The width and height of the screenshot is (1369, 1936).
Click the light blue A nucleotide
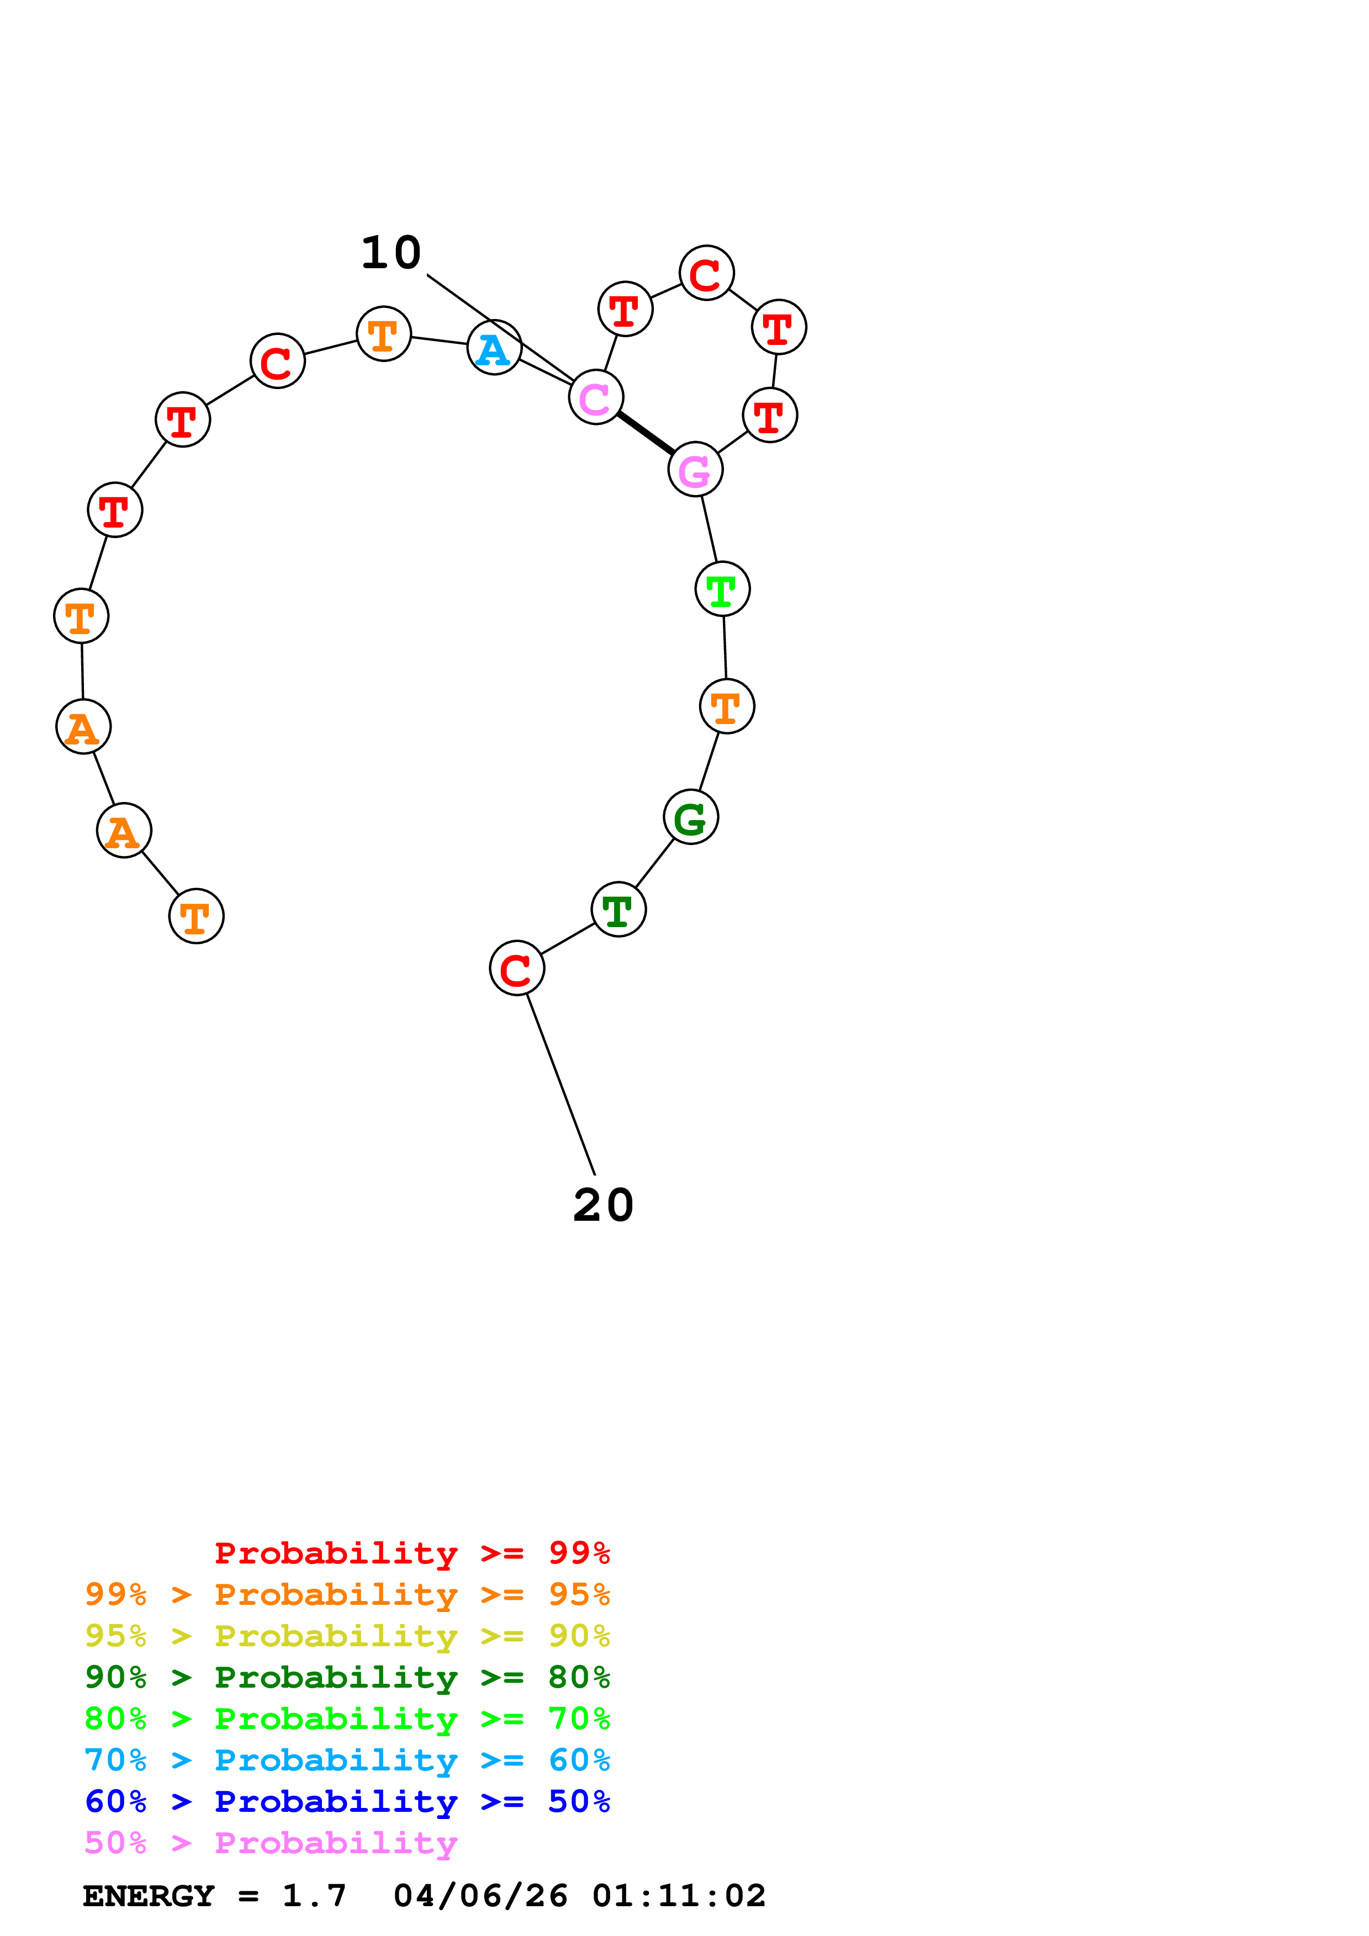click(x=494, y=347)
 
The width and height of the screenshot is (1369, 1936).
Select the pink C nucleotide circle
click(x=595, y=397)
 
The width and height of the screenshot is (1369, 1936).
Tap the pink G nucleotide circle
click(x=695, y=470)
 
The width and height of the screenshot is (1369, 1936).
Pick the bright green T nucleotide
click(x=722, y=589)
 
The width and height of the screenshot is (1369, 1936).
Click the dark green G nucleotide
click(x=690, y=817)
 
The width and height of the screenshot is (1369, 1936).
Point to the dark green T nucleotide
click(x=619, y=910)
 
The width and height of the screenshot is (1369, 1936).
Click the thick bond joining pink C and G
click(x=645, y=433)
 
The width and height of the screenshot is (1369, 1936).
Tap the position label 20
click(x=602, y=1205)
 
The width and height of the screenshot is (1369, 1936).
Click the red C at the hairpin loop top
click(x=706, y=273)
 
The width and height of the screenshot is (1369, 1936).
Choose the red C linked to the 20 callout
click(x=516, y=968)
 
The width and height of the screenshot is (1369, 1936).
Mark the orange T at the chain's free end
click(x=195, y=917)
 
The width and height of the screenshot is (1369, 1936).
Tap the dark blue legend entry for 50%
click(x=347, y=1801)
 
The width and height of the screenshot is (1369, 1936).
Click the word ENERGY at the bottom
click(x=149, y=1896)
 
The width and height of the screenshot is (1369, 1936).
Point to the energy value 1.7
click(x=314, y=1896)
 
